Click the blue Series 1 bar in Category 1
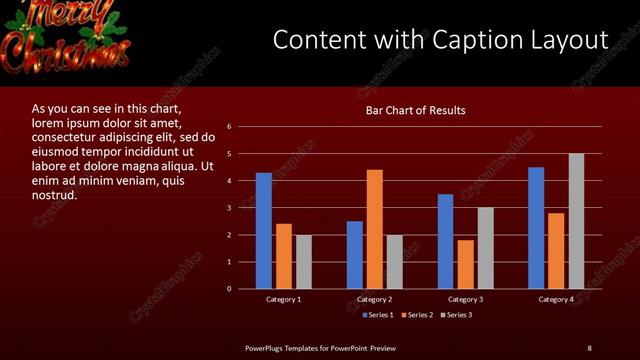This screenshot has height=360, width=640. [264, 231]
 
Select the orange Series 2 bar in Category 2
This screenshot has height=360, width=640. [375, 229]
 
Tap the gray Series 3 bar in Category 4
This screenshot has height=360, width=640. [576, 221]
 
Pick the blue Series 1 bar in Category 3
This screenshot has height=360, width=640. [446, 241]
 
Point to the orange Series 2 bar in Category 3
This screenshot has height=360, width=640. [466, 264]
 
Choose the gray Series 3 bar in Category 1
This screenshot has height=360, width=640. [304, 262]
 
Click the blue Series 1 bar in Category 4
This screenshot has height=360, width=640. [536, 228]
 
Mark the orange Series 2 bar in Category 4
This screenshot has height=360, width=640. [556, 251]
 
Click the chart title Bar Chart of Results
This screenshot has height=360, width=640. [415, 111]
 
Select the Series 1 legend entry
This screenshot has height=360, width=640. [375, 315]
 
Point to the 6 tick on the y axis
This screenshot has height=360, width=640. [230, 127]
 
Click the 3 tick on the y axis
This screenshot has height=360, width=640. [230, 208]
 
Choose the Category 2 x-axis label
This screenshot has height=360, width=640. [375, 299]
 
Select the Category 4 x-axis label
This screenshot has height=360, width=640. [557, 299]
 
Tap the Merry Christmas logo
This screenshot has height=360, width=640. [66, 32]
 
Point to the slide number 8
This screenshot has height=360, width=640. [589, 347]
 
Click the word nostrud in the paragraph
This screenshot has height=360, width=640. [55, 195]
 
